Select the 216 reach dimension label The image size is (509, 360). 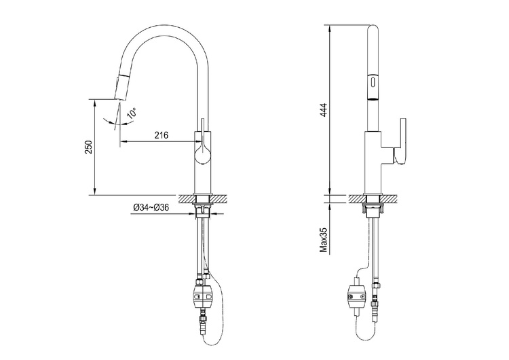(x=162, y=135)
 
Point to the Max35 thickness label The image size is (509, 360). (x=324, y=240)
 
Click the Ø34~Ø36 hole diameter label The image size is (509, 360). (x=151, y=207)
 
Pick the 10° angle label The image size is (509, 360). (x=132, y=113)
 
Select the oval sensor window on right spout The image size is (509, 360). (x=373, y=81)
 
